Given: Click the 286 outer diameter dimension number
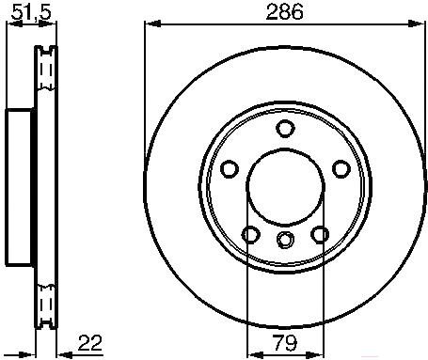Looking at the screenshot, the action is (284, 12).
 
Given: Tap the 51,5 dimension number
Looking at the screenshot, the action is (31, 13).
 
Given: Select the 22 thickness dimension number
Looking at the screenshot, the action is (90, 343).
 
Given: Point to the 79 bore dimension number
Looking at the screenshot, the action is (285, 343).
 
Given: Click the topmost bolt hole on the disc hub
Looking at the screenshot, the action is (285, 128).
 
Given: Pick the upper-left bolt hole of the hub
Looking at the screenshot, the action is (230, 169).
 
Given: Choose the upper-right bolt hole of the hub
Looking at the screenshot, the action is (341, 169).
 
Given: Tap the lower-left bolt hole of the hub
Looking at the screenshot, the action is (251, 234).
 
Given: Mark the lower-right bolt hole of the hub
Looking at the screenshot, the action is (320, 234).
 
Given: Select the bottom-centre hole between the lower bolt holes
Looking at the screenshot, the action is (286, 240).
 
